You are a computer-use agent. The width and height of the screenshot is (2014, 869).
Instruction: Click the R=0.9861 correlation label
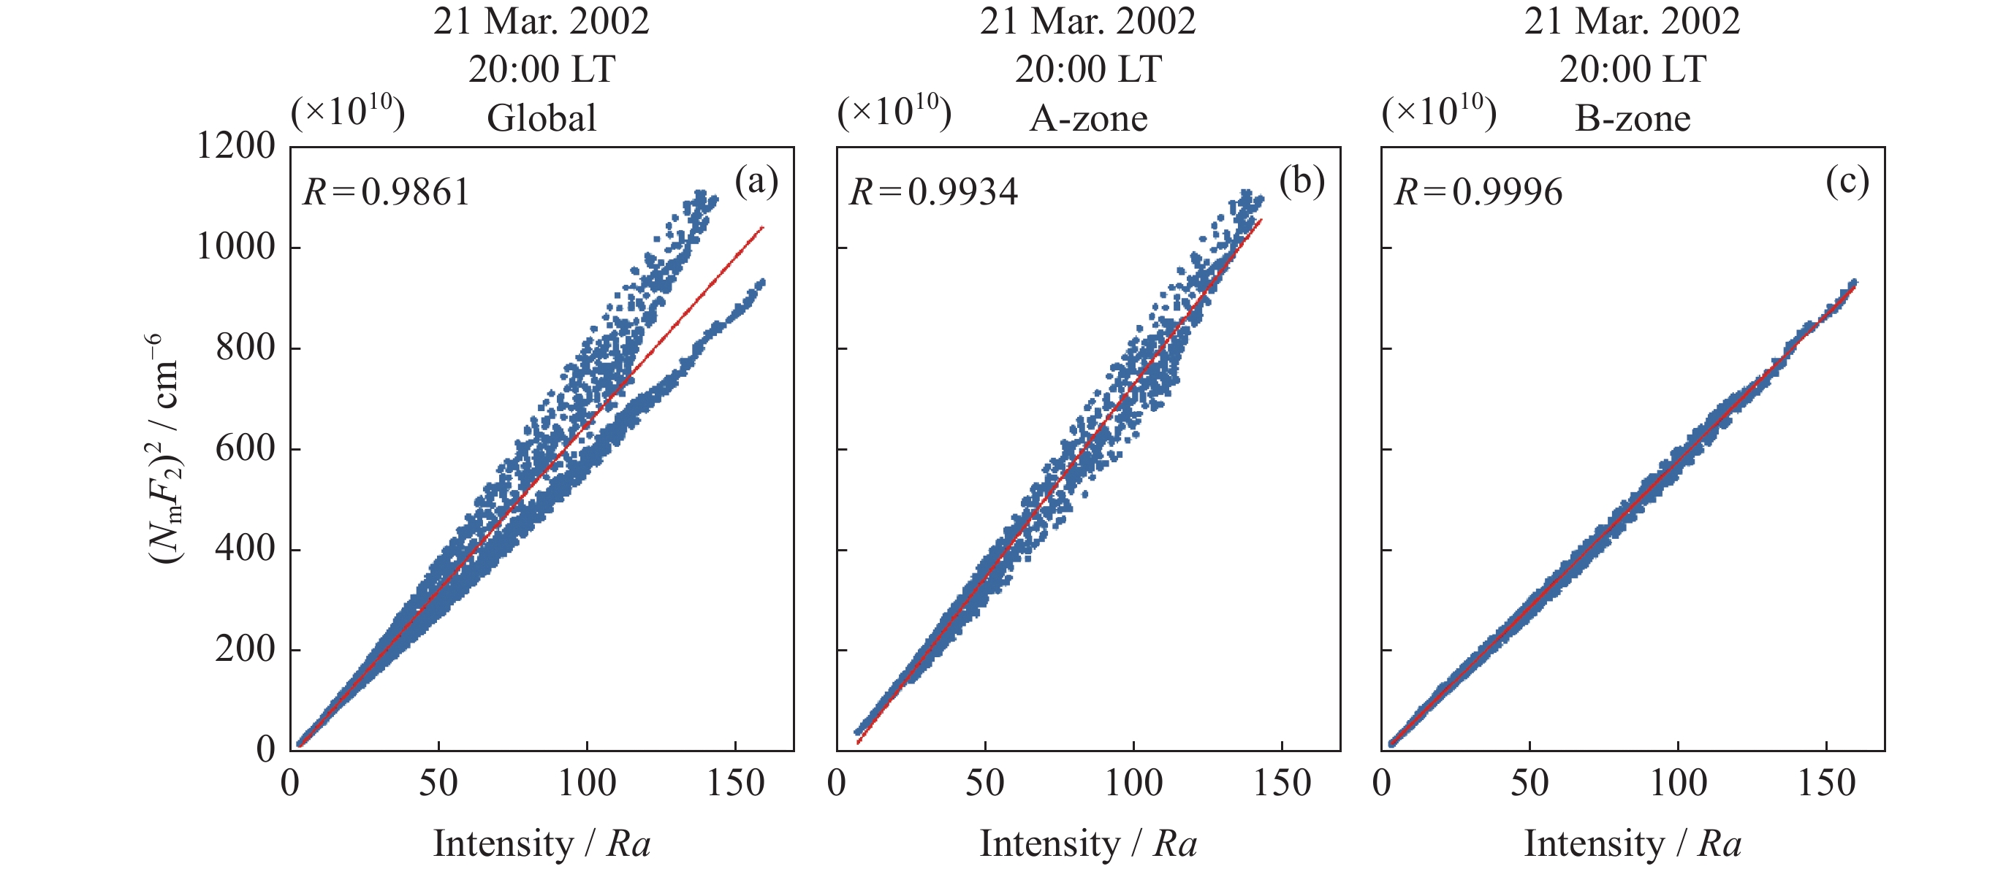coord(387,192)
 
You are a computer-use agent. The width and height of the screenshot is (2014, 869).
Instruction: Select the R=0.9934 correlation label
coord(932,192)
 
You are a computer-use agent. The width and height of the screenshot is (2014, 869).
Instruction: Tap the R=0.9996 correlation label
coord(1478,192)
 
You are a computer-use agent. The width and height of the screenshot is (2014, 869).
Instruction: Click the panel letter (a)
coord(756,181)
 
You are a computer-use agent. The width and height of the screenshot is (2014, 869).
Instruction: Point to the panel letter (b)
coord(1301,181)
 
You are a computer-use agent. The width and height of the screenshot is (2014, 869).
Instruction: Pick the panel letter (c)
coord(1847,181)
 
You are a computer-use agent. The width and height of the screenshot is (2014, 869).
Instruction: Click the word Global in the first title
coord(541,119)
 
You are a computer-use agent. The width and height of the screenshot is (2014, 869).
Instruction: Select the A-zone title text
coord(1087,119)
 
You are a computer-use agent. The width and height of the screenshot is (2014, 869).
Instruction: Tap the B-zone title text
coord(1633,119)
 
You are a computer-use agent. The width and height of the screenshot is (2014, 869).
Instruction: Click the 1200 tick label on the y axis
coord(235,146)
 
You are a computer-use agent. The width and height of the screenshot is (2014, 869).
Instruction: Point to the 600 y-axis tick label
coord(245,448)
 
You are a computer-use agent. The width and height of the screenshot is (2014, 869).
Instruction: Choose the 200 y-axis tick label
coord(245,649)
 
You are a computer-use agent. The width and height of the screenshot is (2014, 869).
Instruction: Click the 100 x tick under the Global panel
coord(586,783)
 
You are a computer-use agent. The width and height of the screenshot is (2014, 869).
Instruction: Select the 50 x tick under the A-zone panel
coord(984,783)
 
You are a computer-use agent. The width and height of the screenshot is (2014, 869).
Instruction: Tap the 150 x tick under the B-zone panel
coord(1826,783)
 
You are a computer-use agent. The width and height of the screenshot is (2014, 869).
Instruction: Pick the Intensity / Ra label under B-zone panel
coord(1633,844)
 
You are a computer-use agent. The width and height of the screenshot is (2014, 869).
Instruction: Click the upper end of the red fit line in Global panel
coord(762,227)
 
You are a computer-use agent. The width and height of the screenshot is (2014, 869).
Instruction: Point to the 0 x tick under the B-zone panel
coord(1381,783)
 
